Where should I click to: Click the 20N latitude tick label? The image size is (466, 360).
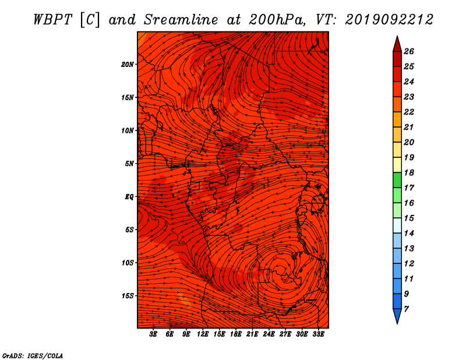127,65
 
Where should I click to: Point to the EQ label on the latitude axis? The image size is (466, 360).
129,197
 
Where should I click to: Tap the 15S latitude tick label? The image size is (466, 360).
127,296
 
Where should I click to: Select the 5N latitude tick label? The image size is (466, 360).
129,164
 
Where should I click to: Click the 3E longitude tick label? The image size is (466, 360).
153,334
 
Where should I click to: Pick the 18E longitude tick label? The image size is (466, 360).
236,334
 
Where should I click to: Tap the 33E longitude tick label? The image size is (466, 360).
318,334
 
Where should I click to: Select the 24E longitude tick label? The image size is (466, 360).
269,334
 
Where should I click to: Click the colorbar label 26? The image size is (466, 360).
409,51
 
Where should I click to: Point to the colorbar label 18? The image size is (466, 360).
409,172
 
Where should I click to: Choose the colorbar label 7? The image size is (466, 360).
406,309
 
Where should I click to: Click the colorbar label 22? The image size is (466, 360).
409,112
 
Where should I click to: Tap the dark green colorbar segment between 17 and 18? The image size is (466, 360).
397,180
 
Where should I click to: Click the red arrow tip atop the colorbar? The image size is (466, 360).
397,37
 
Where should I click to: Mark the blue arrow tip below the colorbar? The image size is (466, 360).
397,323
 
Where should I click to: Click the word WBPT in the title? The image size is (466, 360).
53,20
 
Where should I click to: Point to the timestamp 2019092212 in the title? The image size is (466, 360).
389,20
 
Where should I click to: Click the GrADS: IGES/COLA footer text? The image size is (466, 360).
33,356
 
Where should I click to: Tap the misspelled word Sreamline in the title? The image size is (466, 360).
181,20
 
